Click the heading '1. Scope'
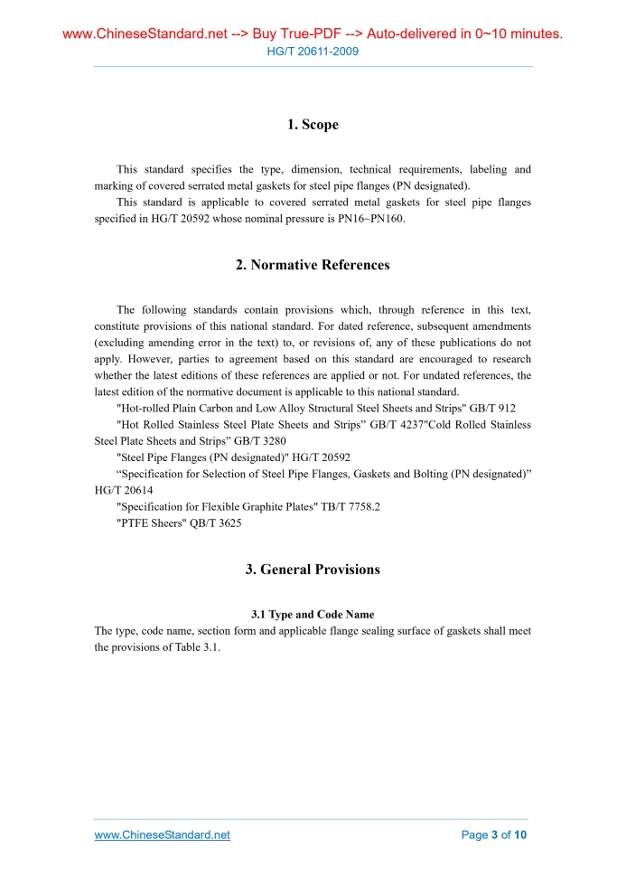(313, 125)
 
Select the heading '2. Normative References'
(313, 265)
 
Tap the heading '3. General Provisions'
(313, 570)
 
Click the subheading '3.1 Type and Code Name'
(313, 615)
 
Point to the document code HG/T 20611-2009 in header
(313, 52)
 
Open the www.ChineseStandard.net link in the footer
(163, 834)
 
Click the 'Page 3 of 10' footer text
(493, 834)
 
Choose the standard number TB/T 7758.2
(350, 507)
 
